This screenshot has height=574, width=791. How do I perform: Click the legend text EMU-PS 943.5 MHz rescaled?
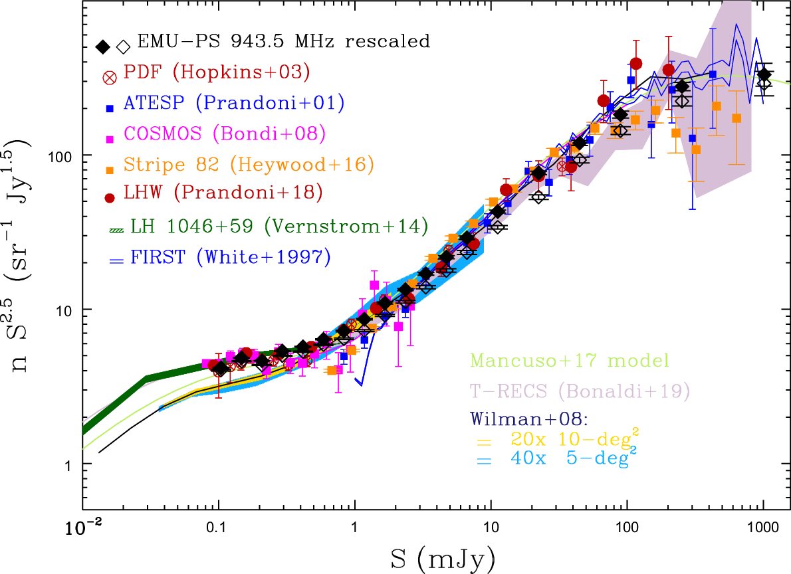[284, 42]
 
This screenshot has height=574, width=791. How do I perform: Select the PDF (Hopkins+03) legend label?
[217, 72]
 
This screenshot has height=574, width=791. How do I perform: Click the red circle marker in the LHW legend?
[110, 197]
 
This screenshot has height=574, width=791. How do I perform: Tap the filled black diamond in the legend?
[102, 47]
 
